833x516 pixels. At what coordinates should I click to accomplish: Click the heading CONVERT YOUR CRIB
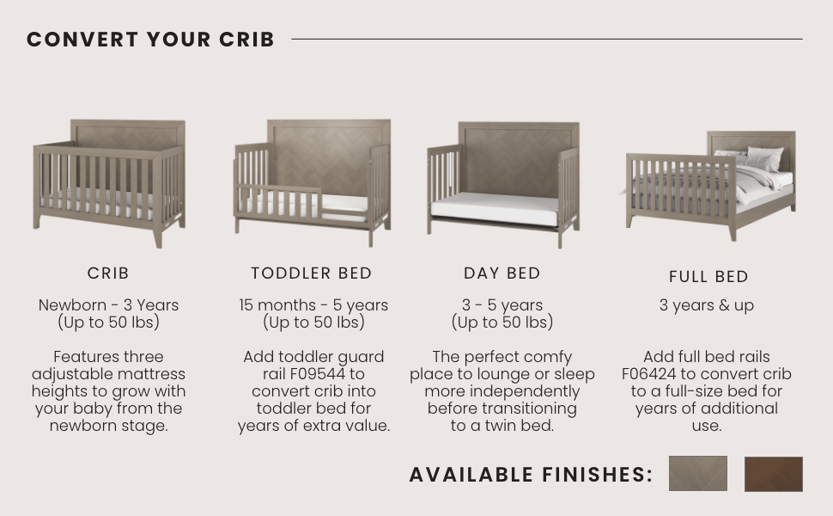tap(150, 40)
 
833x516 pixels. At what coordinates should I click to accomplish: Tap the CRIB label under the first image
tap(108, 273)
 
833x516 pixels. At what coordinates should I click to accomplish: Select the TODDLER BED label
tap(312, 273)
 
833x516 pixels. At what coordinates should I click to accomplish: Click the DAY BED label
tap(502, 273)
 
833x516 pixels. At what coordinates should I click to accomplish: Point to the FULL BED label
tap(708, 277)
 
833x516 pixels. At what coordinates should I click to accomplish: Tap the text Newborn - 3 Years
tap(108, 305)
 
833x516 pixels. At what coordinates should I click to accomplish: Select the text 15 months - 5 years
tap(313, 305)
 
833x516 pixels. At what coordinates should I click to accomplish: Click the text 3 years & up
tap(707, 305)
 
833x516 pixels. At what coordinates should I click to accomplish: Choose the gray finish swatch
tap(697, 474)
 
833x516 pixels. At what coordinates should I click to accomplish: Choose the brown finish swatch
tap(773, 474)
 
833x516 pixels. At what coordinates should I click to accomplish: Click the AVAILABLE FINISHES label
tap(531, 475)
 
